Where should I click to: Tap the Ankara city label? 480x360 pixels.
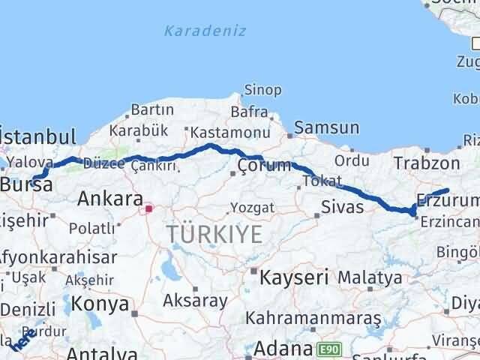click(x=109, y=199)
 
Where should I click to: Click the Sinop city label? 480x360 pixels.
click(x=262, y=90)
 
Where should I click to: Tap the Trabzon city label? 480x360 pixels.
click(x=426, y=163)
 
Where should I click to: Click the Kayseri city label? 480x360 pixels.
click(x=295, y=277)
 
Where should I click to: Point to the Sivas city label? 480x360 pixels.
click(x=342, y=206)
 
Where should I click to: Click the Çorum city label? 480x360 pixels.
click(x=262, y=166)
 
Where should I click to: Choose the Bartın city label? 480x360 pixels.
click(x=152, y=110)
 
